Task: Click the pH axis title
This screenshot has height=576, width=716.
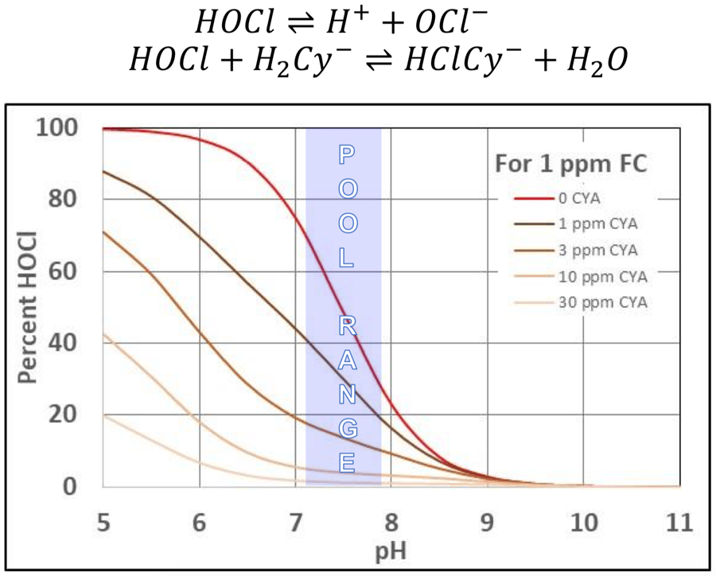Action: pos(390,550)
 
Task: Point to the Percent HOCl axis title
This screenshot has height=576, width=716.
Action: pos(29,307)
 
